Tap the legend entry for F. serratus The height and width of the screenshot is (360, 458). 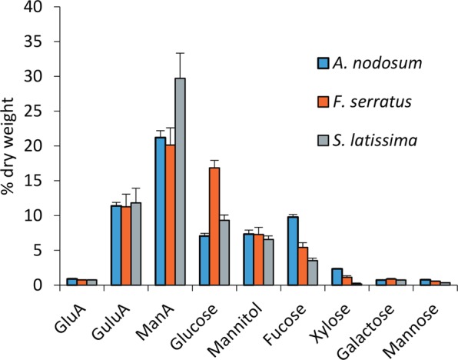tap(364, 100)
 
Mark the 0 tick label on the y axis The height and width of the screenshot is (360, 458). tap(49, 285)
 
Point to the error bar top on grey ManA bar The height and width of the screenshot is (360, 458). tap(180, 53)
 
